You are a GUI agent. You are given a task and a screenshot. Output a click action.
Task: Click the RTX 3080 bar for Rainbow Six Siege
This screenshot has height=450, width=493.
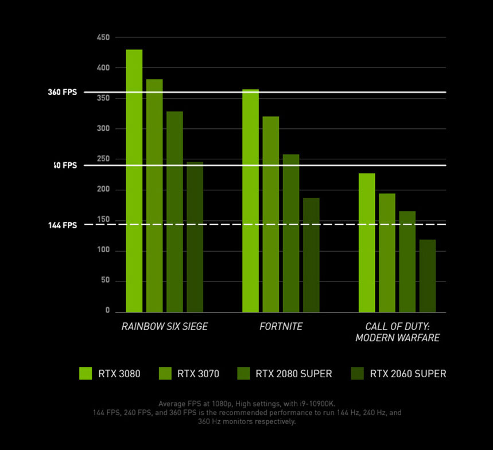(134, 181)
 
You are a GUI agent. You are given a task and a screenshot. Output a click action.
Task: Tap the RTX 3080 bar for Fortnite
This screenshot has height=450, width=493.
(250, 201)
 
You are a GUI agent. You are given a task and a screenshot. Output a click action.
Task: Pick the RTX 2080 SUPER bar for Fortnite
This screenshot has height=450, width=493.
(291, 233)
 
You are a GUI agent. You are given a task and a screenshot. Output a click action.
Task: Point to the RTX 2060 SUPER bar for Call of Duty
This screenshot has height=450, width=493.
(428, 276)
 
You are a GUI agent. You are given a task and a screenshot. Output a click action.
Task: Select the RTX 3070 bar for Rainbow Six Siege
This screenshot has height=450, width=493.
(154, 195)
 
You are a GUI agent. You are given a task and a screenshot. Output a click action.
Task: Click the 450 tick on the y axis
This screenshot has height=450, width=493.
(103, 38)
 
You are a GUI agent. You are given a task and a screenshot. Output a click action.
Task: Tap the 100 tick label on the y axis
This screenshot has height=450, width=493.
(103, 251)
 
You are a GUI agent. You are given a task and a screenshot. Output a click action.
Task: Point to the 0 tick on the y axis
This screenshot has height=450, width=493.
(107, 311)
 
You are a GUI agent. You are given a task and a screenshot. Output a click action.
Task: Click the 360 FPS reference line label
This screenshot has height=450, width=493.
(62, 92)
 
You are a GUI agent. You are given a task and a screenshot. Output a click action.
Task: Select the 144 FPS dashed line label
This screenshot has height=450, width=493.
(62, 225)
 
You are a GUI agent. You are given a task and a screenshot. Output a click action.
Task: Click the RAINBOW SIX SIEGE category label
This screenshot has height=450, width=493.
(165, 327)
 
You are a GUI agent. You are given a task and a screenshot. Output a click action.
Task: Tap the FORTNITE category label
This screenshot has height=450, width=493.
(281, 327)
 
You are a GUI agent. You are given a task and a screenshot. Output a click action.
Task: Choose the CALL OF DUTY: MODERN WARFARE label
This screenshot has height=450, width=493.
(397, 332)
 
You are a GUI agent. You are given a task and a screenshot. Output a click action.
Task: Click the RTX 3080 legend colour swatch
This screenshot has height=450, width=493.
(86, 374)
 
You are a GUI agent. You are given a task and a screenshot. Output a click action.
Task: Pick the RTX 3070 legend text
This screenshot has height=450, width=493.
(198, 374)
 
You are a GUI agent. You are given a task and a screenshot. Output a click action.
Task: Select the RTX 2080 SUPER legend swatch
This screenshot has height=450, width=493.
(243, 374)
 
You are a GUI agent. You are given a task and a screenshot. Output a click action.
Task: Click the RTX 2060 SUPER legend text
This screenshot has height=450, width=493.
(407, 374)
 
